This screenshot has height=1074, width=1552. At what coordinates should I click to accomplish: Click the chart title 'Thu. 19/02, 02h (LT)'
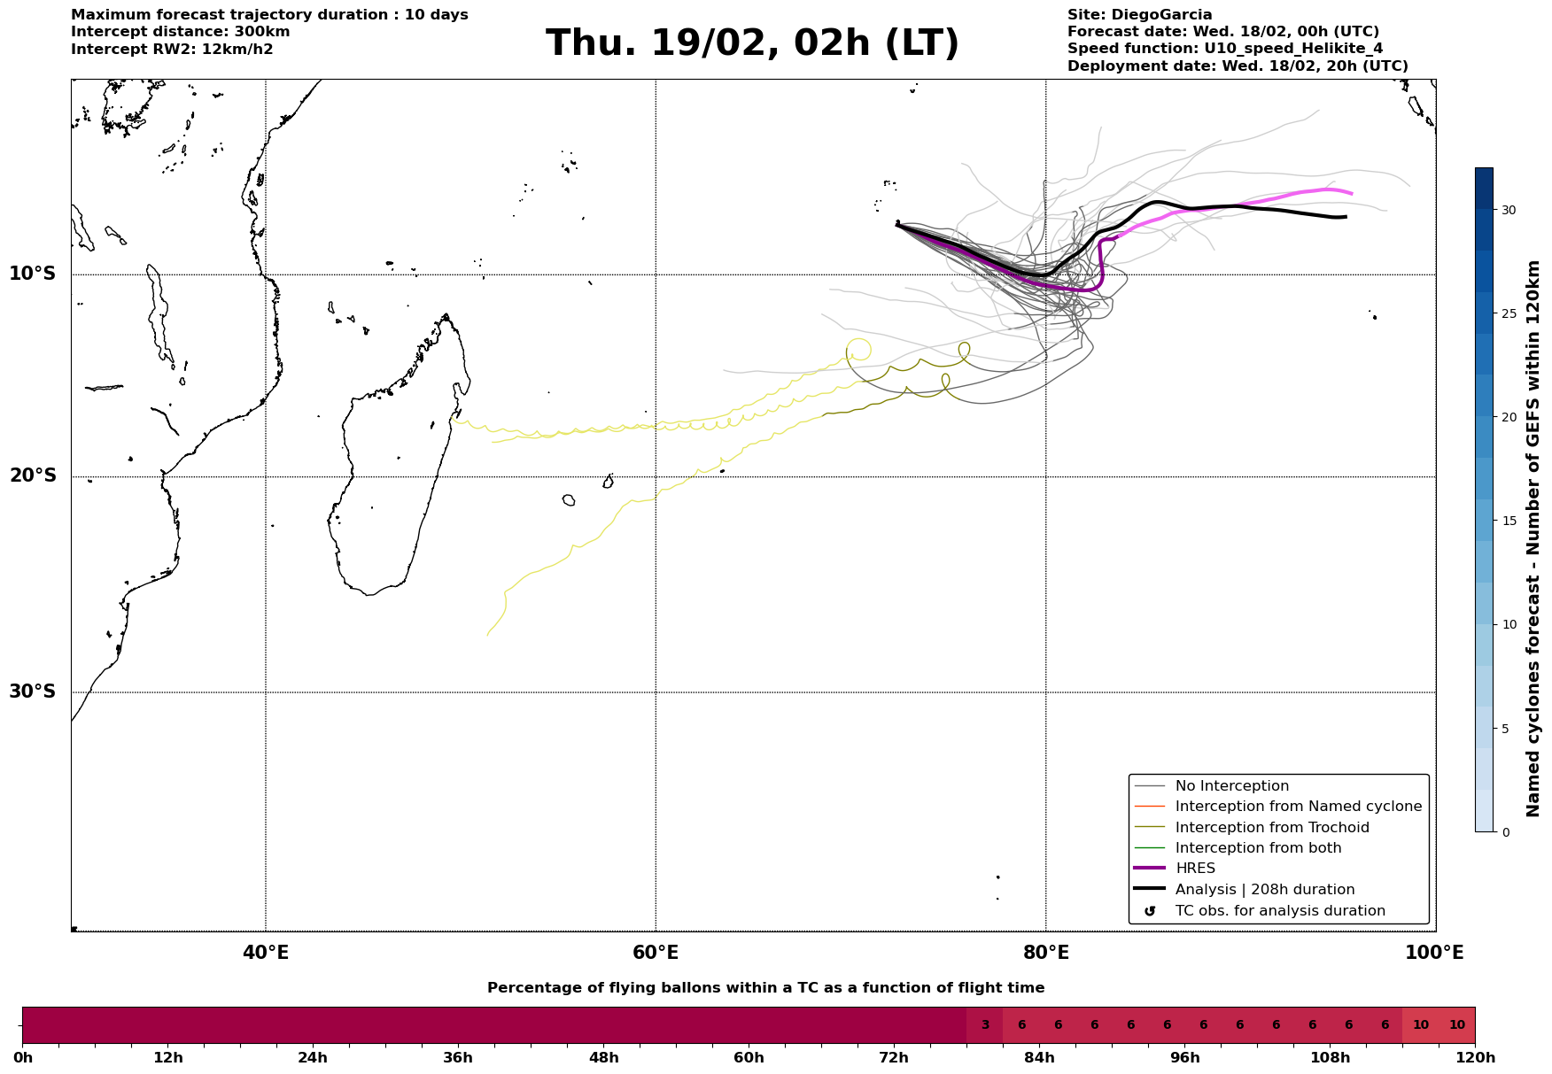pyautogui.click(x=752, y=43)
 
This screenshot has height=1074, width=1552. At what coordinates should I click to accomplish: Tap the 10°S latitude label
pyautogui.click(x=33, y=274)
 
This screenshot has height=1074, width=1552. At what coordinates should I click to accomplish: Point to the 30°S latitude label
pyautogui.click(x=33, y=692)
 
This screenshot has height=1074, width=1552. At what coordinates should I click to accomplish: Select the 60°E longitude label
pyautogui.click(x=656, y=954)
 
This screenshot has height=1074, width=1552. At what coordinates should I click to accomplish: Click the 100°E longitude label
pyautogui.click(x=1434, y=954)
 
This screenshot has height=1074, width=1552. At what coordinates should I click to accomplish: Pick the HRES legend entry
pyautogui.click(x=1195, y=869)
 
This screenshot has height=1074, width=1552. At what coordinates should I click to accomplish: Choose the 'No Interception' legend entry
pyautogui.click(x=1231, y=786)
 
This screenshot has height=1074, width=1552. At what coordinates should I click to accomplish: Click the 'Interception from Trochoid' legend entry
pyautogui.click(x=1272, y=828)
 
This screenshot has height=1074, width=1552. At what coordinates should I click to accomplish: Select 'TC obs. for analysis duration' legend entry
pyautogui.click(x=1280, y=911)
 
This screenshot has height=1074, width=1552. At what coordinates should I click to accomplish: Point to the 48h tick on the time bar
pyautogui.click(x=603, y=1058)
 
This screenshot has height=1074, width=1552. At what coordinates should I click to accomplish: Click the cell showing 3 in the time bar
pyautogui.click(x=984, y=1025)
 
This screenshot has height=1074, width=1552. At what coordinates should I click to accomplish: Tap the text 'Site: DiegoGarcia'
pyautogui.click(x=1139, y=15)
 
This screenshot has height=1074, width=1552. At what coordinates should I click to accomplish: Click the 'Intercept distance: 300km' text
pyautogui.click(x=181, y=32)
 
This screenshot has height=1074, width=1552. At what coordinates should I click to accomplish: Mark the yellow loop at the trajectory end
pyautogui.click(x=858, y=349)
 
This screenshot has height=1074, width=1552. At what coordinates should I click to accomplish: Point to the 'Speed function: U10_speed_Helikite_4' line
pyautogui.click(x=1225, y=49)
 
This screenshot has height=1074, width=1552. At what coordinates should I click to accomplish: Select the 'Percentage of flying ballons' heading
pyautogui.click(x=765, y=988)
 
